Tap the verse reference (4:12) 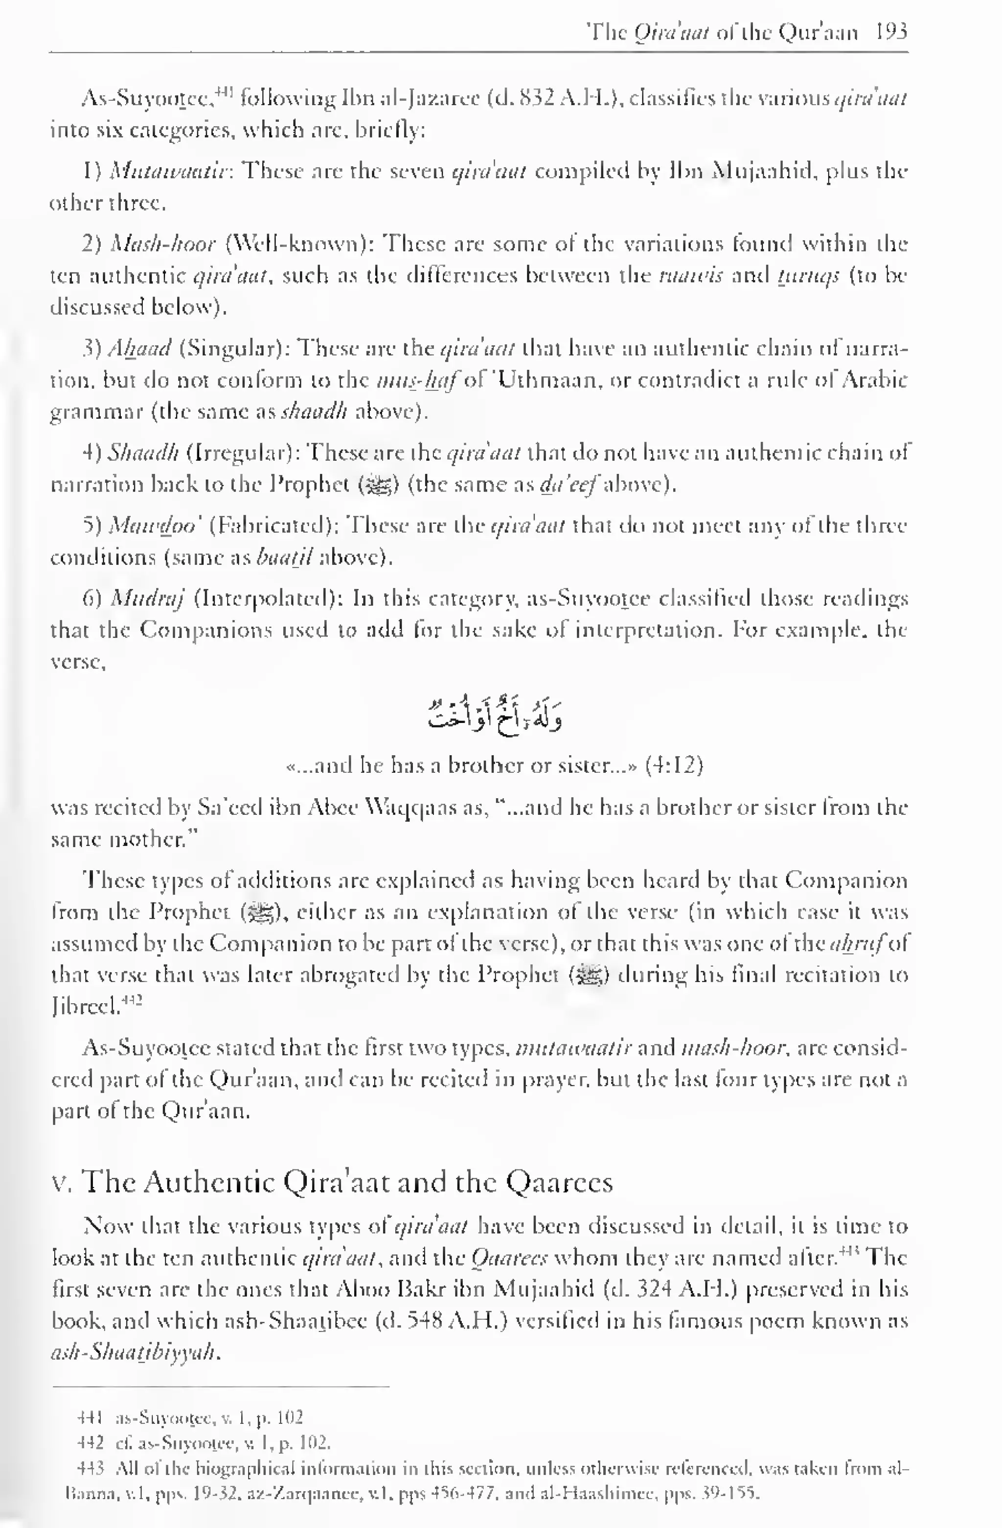click(x=674, y=765)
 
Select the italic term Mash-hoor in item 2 click(x=163, y=245)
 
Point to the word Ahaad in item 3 click(x=139, y=349)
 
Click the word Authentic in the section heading click(x=210, y=1182)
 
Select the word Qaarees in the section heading click(x=559, y=1182)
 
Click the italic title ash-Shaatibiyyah click(x=136, y=1352)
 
